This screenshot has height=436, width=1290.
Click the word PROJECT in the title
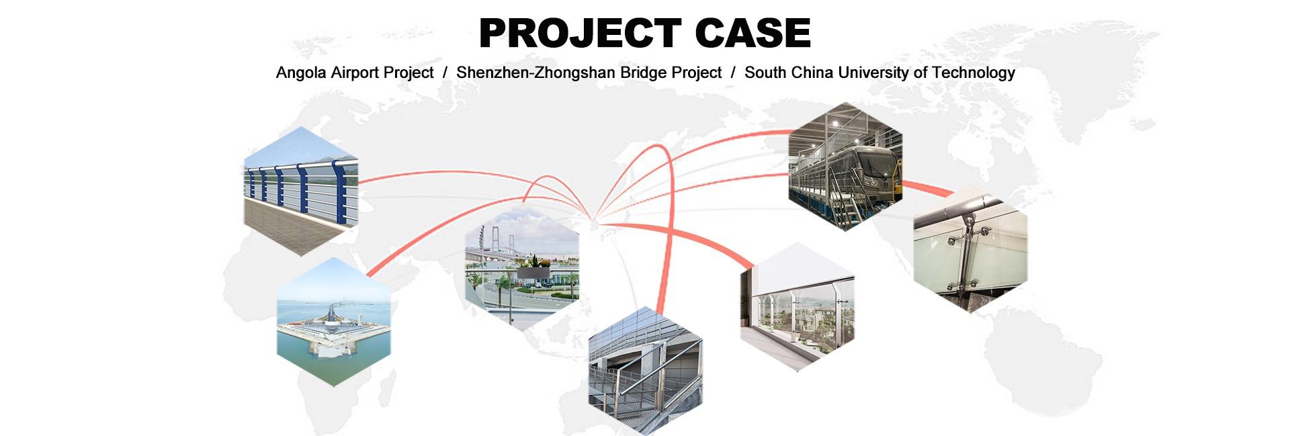(x=580, y=33)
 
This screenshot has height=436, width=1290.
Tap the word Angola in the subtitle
(x=301, y=73)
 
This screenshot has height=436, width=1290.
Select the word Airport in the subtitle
(x=355, y=73)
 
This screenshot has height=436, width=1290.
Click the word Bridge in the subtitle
(x=628, y=73)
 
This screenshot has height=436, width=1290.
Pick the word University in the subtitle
(x=875, y=73)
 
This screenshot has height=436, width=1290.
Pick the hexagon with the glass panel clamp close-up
(x=970, y=248)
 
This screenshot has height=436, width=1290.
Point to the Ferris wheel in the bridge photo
(x=482, y=238)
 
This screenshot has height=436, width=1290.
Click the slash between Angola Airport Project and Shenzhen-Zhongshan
(x=445, y=73)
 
